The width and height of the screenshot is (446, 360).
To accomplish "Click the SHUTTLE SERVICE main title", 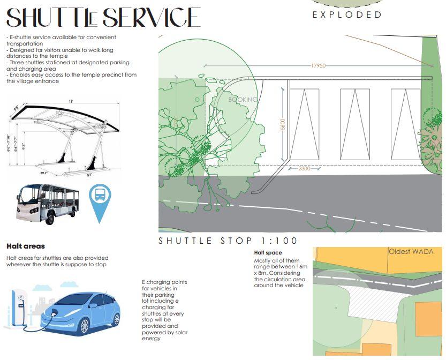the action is [103, 17].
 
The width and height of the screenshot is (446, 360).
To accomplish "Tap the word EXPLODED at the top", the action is [347, 14].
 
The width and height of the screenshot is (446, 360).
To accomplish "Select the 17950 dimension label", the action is [318, 65].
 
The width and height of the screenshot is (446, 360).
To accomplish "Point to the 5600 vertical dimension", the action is [283, 124].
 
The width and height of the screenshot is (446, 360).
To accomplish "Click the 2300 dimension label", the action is [304, 168].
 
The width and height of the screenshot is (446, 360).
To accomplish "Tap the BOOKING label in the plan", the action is [243, 100].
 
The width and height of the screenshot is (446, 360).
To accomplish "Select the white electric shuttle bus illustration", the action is [48, 204].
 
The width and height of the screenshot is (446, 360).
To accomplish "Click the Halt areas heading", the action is [25, 246].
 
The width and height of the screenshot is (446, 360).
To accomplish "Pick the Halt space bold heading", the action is [268, 252].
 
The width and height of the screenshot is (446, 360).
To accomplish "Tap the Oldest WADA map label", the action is [411, 251].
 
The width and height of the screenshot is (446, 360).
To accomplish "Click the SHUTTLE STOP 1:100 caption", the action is [228, 241].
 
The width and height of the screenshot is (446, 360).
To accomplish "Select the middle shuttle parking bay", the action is [354, 124].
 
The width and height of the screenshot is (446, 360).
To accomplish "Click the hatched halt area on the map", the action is [369, 300].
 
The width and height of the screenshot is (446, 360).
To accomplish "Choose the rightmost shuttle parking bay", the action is [405, 124].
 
